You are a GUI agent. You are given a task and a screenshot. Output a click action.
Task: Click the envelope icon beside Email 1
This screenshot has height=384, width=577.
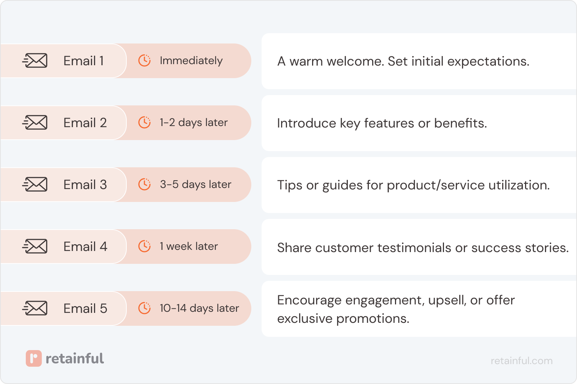(35, 61)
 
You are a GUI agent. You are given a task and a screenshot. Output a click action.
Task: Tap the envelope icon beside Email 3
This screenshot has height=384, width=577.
(35, 185)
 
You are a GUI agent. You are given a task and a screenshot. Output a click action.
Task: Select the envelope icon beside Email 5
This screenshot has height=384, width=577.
(35, 308)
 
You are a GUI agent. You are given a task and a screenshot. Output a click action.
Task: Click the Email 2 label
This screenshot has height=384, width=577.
(85, 123)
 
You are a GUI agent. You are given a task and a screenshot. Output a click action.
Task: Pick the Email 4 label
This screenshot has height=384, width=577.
(85, 247)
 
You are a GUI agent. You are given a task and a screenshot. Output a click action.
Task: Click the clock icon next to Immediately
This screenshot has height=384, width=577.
(144, 60)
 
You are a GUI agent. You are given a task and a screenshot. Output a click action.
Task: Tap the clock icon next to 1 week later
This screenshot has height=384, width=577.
(144, 246)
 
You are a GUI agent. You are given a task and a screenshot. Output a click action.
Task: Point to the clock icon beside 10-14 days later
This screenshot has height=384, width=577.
(144, 308)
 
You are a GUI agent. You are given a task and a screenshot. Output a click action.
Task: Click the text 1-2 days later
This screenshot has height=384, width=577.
(193, 122)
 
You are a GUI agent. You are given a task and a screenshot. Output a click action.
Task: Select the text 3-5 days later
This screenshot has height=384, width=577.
(195, 184)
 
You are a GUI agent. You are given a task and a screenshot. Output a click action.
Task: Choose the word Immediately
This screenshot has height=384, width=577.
(191, 61)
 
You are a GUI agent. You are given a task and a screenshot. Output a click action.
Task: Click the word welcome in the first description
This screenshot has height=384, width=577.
(355, 61)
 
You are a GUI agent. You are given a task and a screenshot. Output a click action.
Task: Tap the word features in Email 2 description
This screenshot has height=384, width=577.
(389, 123)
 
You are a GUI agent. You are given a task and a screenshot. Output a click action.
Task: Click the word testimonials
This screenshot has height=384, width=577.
(414, 248)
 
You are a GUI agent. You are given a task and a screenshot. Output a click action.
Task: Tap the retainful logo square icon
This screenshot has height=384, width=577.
(34, 358)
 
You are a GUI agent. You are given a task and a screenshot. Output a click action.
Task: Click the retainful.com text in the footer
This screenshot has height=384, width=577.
(521, 360)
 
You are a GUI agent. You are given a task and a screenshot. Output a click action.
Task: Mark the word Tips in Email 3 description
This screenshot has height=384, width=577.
(290, 185)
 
